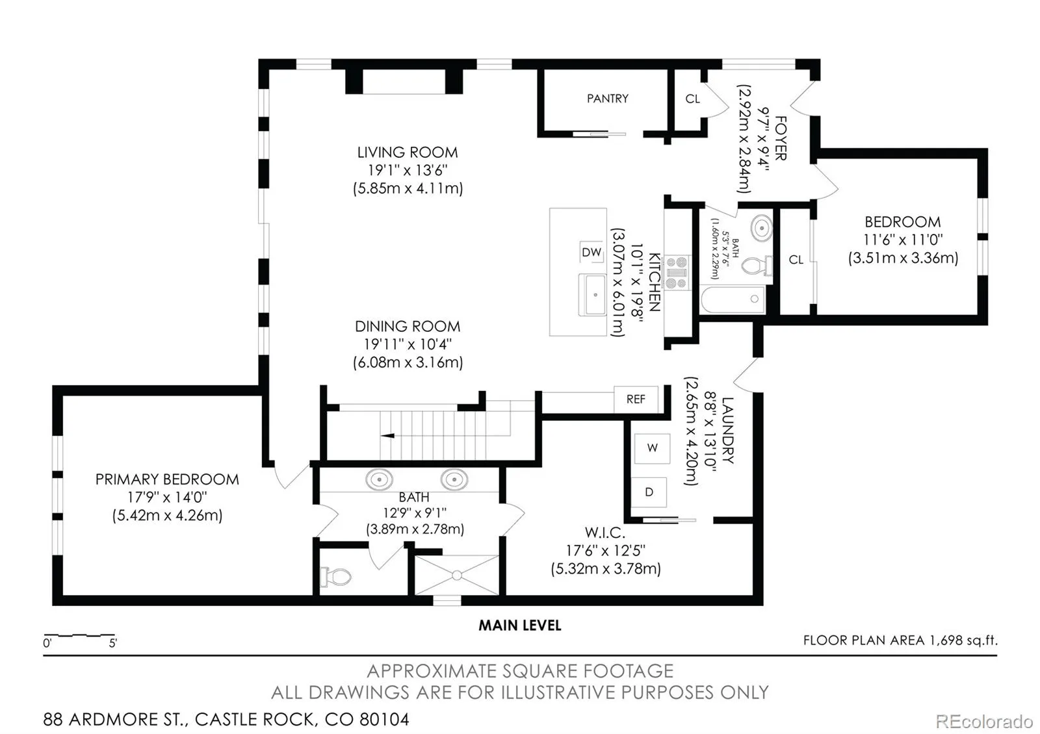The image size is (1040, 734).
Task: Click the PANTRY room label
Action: coord(607,98)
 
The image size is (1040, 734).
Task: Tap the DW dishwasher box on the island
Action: coord(591,252)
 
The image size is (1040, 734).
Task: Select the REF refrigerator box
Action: coord(636,399)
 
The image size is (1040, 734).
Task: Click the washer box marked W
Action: coord(653,448)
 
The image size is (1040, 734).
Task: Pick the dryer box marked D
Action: coord(649,492)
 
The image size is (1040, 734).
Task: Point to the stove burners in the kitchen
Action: coord(676,273)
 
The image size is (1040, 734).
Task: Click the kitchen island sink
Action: coord(592,295)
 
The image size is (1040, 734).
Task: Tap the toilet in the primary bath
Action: coord(335,577)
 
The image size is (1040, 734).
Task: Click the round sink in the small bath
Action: coord(761,228)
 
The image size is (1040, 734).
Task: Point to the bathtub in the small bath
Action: coord(733,299)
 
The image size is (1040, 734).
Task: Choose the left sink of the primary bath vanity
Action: coord(380,479)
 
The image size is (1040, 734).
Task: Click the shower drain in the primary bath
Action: coord(457,576)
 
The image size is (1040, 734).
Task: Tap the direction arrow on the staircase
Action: coord(387,436)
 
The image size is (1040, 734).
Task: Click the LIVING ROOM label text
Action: coord(407,152)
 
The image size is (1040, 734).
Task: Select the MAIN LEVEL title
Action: coord(520,626)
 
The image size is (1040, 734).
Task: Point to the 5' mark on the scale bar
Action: coord(113,643)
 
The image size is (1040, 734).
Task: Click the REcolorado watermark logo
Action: coord(984,722)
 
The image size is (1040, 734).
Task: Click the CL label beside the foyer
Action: coord(692,99)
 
